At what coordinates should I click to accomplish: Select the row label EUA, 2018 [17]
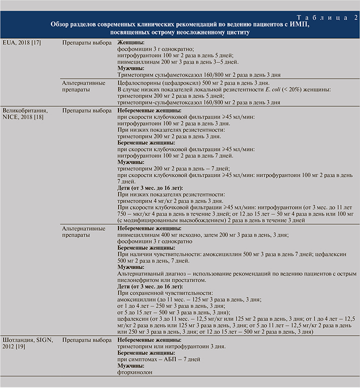coord(21,43)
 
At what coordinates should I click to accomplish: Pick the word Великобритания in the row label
coord(25,111)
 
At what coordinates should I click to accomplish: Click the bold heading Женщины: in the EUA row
coord(131,43)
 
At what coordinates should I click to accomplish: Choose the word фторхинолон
coord(134,372)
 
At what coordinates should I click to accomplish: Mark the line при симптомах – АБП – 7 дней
coord(158,359)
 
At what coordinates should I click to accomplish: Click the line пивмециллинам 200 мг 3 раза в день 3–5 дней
coord(177,62)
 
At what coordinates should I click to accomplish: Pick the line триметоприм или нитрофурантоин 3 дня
coord(171,346)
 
